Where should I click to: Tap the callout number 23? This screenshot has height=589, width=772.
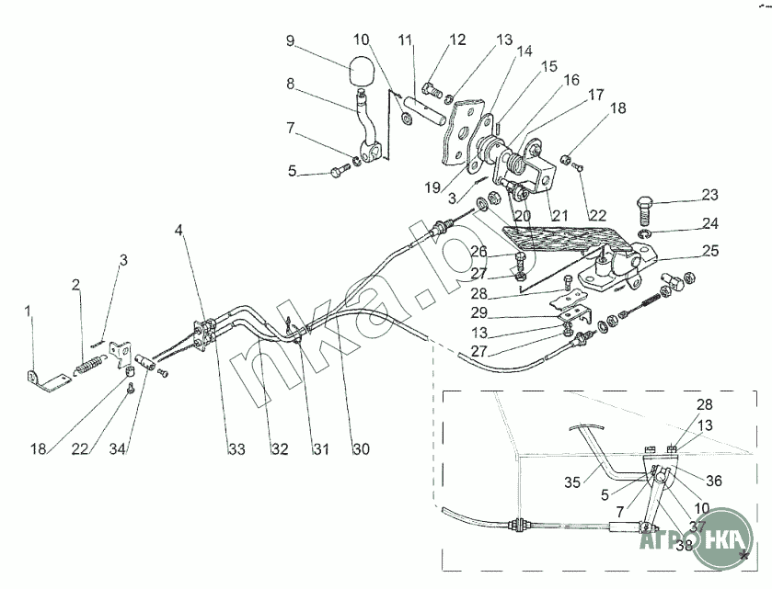[x=710, y=195]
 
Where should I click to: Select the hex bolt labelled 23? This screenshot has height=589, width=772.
[x=645, y=209]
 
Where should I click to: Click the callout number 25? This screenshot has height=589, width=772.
[x=710, y=251]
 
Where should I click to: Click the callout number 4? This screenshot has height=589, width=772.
[x=179, y=231]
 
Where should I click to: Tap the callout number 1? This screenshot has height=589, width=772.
[x=28, y=311]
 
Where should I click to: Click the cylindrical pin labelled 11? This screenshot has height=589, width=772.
[x=426, y=110]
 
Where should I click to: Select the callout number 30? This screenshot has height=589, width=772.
[x=361, y=448]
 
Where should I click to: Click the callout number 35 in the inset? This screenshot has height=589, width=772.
[x=572, y=482]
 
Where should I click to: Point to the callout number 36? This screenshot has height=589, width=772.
[x=714, y=481]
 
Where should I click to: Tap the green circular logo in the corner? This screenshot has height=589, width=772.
[x=722, y=538]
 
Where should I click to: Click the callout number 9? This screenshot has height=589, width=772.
[x=291, y=40]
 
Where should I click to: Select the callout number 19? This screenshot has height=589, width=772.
[x=432, y=187]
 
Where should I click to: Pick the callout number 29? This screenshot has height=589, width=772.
[x=479, y=312]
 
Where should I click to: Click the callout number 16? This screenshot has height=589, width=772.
[x=571, y=80]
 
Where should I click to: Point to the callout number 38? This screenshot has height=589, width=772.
[x=685, y=544]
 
